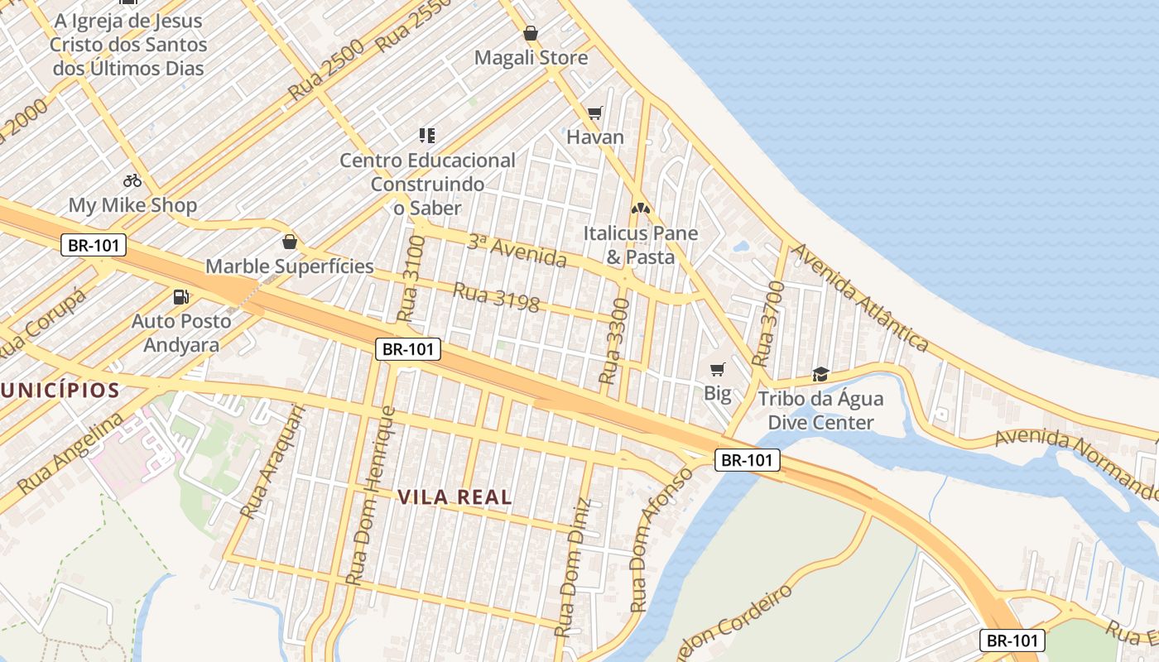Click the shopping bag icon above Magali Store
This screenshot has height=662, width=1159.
(531, 34)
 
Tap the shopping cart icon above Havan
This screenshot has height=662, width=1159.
(594, 113)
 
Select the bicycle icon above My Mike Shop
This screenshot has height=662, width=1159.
(132, 180)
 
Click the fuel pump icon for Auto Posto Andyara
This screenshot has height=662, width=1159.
(180, 296)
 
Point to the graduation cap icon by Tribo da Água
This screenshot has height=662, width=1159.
(820, 374)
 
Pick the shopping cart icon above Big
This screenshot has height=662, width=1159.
(717, 369)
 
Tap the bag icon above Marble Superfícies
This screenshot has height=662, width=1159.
(290, 242)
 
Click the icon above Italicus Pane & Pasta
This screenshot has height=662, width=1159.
(641, 209)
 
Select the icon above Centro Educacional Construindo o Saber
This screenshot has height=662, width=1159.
(427, 135)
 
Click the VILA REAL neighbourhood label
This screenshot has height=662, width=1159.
(454, 497)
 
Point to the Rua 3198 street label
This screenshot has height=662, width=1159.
(496, 298)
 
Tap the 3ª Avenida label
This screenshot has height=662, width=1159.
(517, 251)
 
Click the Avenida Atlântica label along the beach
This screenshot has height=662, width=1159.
(859, 297)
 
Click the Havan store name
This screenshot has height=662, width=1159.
(594, 137)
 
